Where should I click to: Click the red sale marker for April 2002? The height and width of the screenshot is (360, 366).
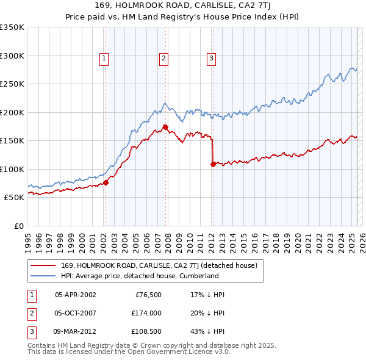(106, 182)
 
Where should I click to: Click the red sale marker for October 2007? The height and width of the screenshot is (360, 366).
(165, 127)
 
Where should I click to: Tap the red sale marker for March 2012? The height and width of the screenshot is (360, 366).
(213, 164)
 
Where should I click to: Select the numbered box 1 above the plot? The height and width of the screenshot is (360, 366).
(104, 59)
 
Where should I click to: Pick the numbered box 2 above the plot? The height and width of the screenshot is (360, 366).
(164, 59)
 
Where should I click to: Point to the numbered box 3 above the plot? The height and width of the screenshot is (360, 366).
(211, 59)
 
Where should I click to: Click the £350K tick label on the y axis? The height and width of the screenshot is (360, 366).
(12, 27)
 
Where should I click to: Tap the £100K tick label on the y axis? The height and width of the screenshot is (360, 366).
(12, 169)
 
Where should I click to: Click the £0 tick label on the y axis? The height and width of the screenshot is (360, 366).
(18, 226)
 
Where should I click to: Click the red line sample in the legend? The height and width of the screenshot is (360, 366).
(43, 266)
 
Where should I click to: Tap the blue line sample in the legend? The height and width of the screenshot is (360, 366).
(43, 276)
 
